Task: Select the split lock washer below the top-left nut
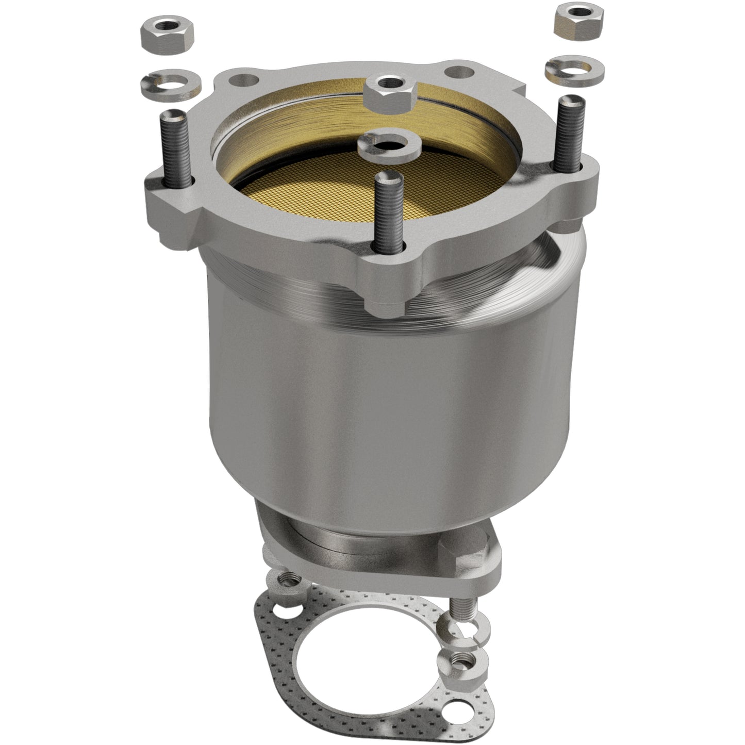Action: [164, 82]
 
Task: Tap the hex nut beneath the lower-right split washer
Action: [454, 659]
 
